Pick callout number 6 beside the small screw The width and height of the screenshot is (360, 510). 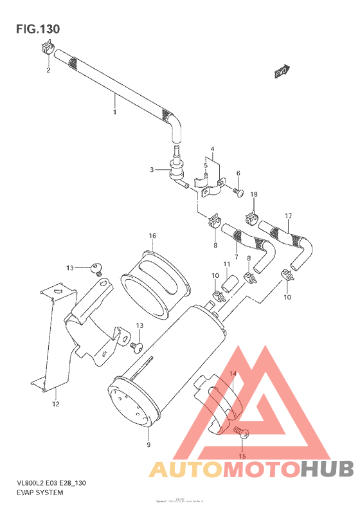coord(238,174)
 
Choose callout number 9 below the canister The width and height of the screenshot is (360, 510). coord(148,445)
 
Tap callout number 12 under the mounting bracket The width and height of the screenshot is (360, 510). coord(56,404)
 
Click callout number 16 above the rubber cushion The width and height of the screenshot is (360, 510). coord(153,236)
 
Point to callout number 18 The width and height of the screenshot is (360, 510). coord(254,194)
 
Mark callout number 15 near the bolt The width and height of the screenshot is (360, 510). coord(242,457)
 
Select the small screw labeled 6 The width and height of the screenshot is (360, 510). coord(239,190)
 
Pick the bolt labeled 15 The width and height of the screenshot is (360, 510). coord(240,433)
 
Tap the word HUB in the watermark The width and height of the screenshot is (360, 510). coord(325,469)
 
